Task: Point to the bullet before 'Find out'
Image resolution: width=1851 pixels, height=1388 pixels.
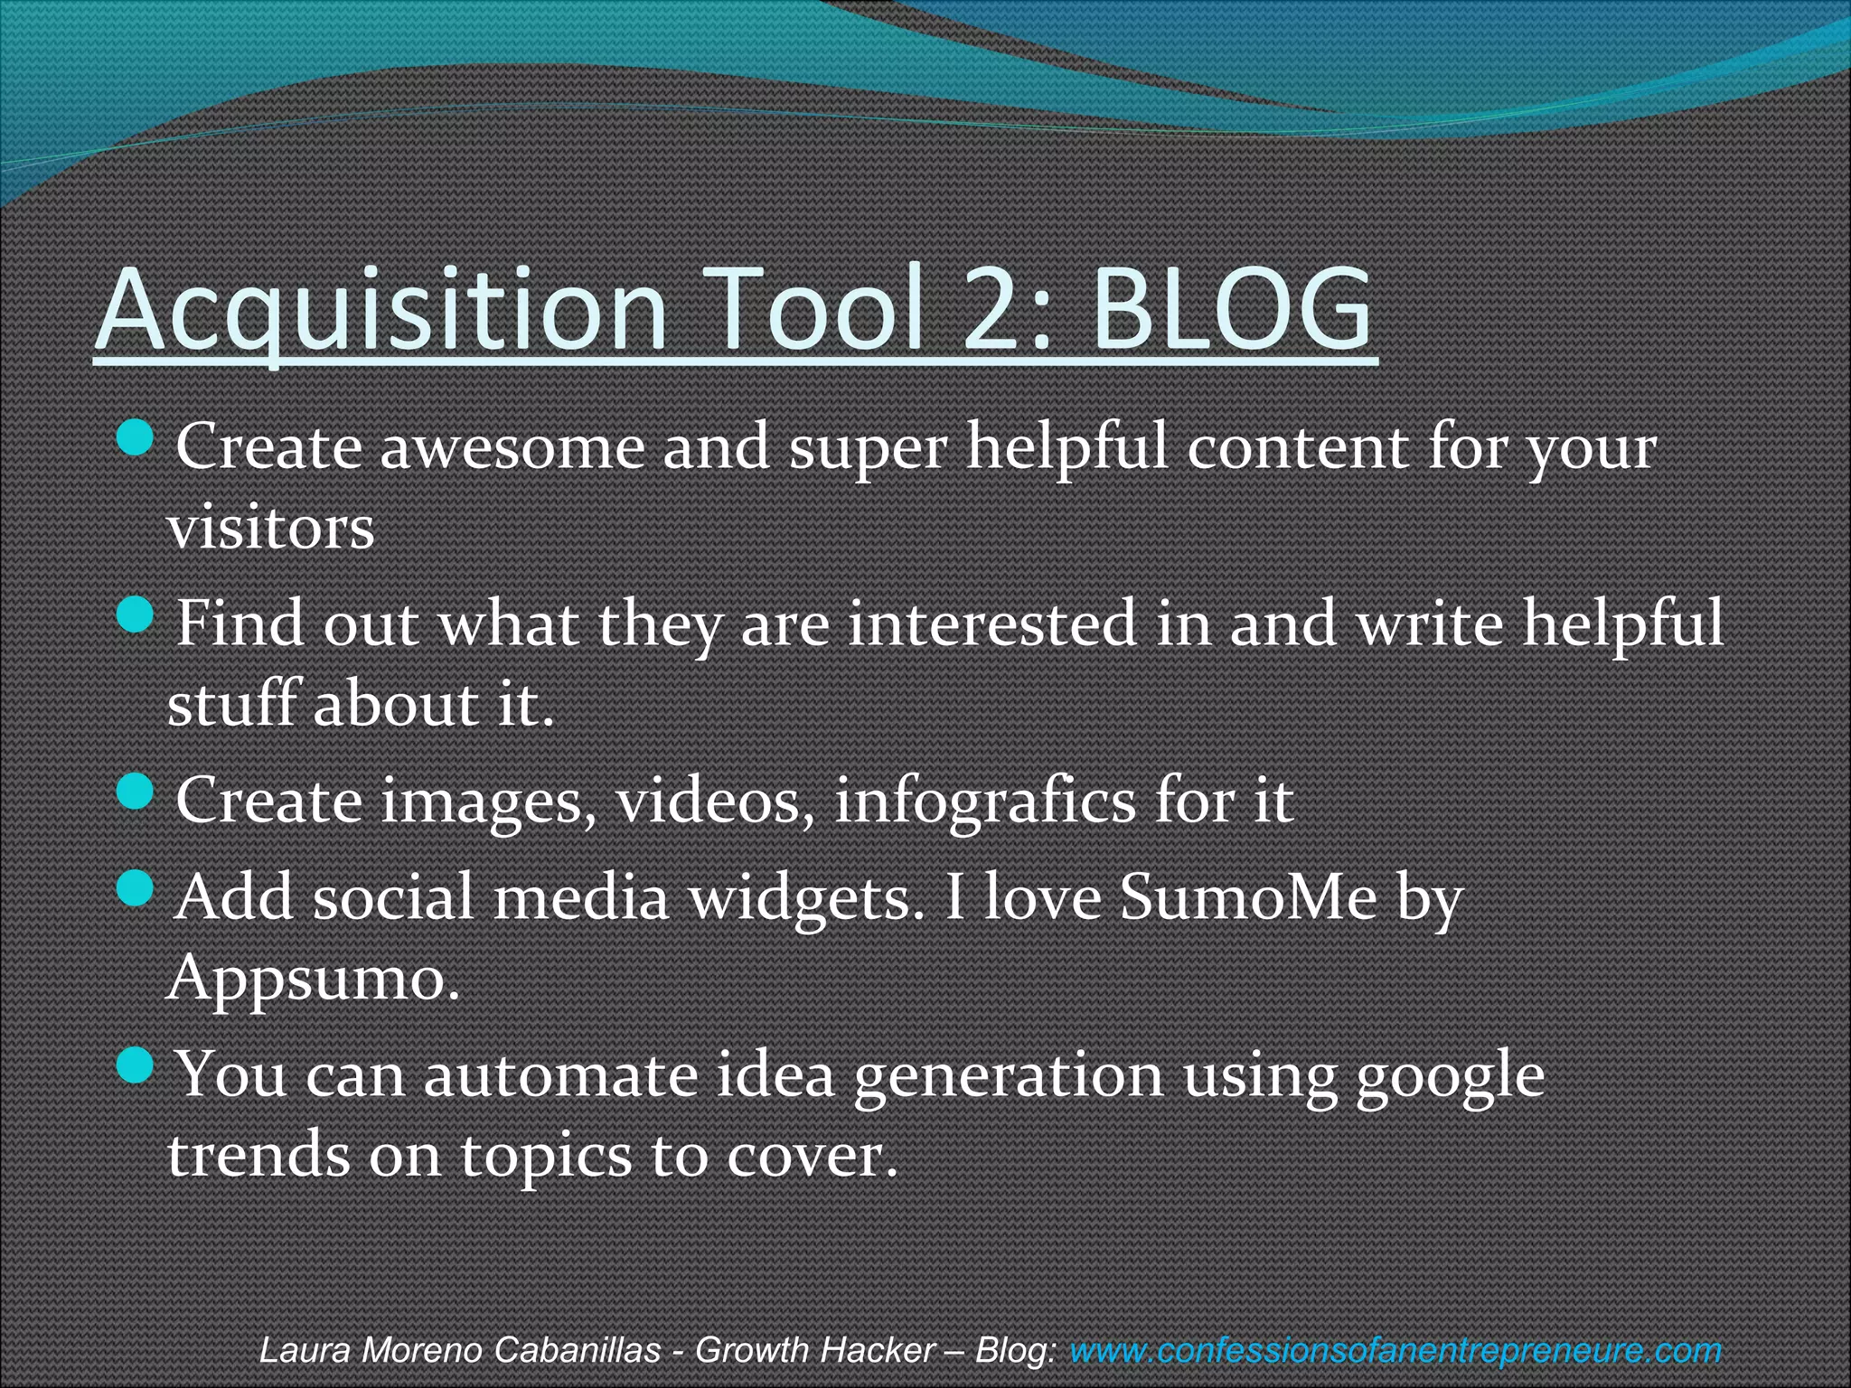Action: point(136,616)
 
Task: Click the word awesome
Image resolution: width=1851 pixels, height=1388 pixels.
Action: point(511,448)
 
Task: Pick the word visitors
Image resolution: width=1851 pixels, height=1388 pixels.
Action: point(271,528)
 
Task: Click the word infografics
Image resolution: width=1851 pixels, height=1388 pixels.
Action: point(984,802)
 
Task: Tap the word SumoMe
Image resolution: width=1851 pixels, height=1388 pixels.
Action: point(1248,898)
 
